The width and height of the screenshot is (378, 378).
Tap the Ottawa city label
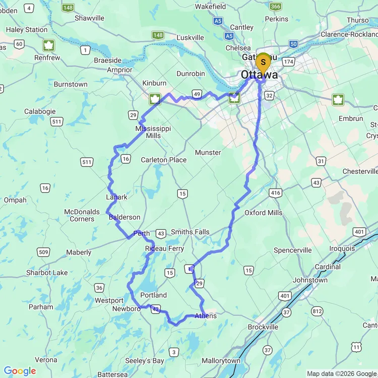coord(259,75)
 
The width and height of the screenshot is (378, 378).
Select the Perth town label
coord(142,233)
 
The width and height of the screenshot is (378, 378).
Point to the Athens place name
coord(205,316)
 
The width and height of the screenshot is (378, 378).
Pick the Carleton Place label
coord(164,160)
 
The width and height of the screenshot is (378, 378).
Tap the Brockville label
coord(263,327)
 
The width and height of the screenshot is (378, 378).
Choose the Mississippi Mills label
coord(153,132)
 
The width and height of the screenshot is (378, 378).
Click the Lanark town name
coord(116,197)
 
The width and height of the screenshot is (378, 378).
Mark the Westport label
coord(109,300)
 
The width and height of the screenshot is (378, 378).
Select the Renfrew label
coord(47,57)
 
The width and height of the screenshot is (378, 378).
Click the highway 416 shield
coord(275,193)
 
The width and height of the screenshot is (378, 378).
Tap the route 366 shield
coord(275,6)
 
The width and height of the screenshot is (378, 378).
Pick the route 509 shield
coord(43,252)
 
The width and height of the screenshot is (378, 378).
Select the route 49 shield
coord(197,94)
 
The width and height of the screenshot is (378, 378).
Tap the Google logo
coord(20,371)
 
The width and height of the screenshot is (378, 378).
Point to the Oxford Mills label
coord(263,213)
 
